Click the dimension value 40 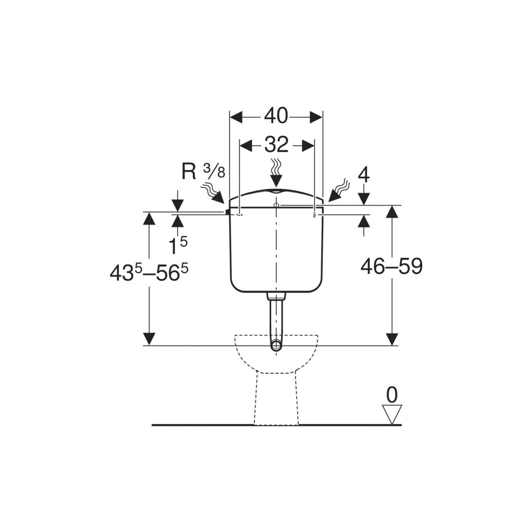[x=276, y=116]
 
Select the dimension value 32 [x=276, y=145]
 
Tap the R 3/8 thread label [x=203, y=172]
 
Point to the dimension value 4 [x=364, y=175]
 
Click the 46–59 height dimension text [x=391, y=267]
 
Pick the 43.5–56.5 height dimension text [x=149, y=273]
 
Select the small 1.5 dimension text [x=178, y=246]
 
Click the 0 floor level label [x=392, y=395]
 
